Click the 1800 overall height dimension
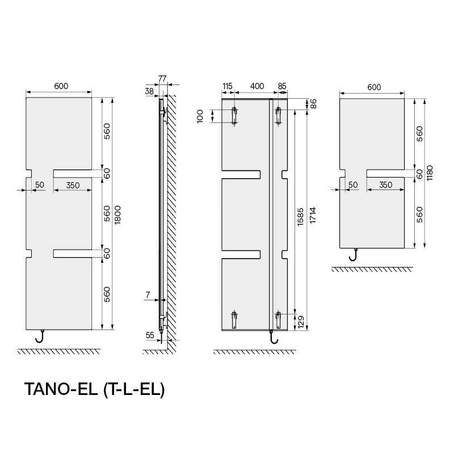click(x=117, y=215)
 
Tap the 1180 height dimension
click(x=430, y=173)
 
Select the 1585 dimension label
click(x=300, y=217)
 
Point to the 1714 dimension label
click(x=313, y=215)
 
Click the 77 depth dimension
click(x=162, y=78)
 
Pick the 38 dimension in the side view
click(x=149, y=91)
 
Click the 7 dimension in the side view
click(x=148, y=295)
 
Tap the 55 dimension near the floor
click(x=150, y=335)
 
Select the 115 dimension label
click(x=228, y=86)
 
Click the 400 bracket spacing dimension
click(x=257, y=86)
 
